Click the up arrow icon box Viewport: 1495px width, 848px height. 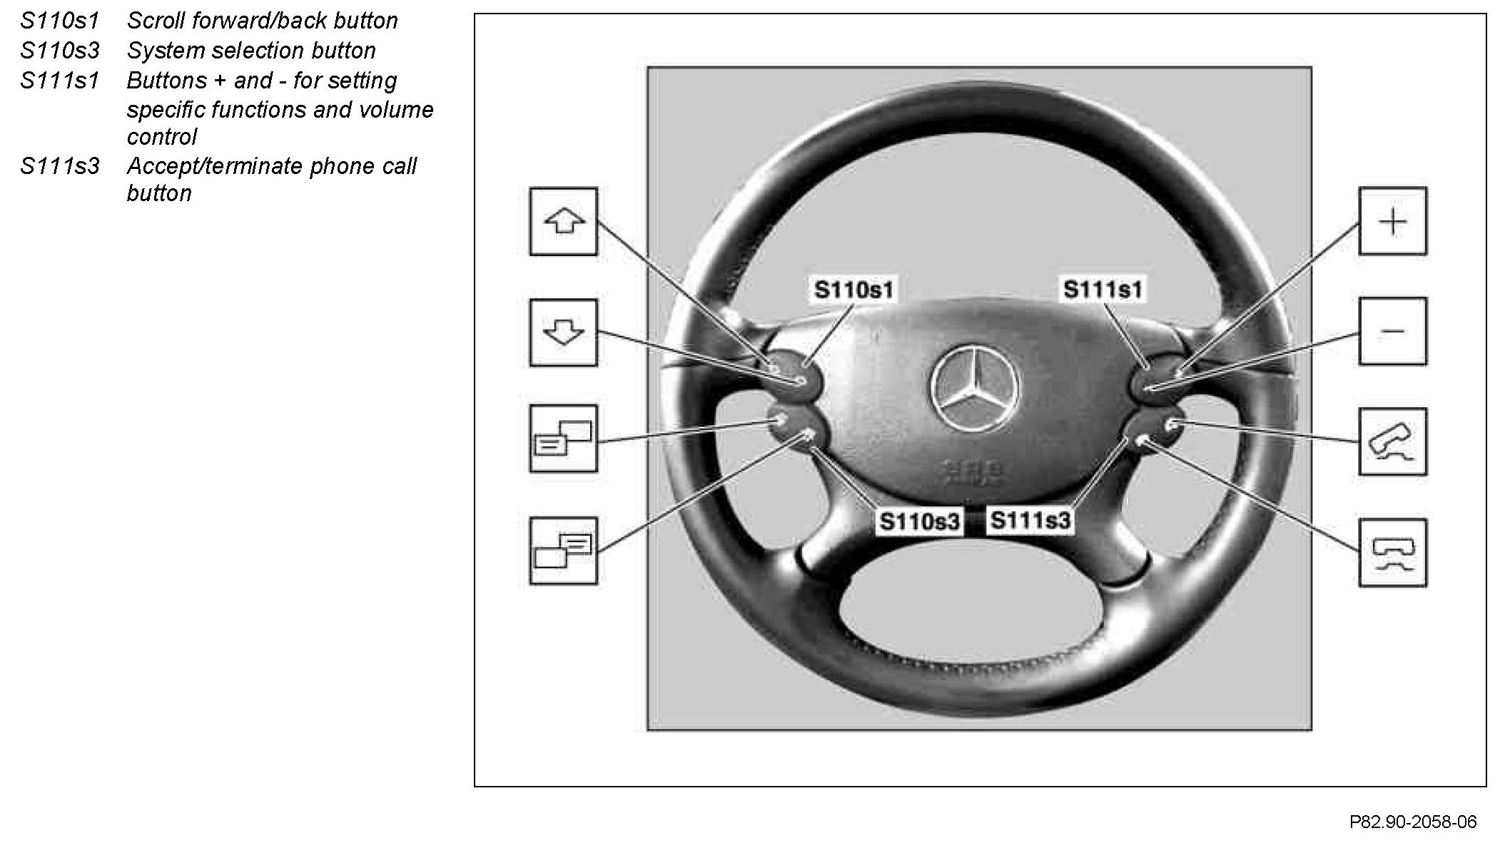tap(563, 222)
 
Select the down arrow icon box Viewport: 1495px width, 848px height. tap(563, 332)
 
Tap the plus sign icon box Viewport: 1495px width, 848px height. tap(1392, 222)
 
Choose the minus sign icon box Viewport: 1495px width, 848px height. tap(1392, 332)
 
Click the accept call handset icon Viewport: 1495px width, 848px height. tap(1392, 442)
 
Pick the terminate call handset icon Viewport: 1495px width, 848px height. tap(1392, 553)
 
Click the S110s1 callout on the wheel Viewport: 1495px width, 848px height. tap(853, 290)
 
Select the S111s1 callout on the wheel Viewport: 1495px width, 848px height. tap(1103, 290)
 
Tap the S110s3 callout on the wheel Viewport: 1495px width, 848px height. tap(920, 521)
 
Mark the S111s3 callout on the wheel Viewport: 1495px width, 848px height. tap(1030, 521)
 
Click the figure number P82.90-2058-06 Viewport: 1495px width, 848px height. tap(1412, 822)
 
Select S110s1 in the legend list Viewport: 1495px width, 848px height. tap(60, 21)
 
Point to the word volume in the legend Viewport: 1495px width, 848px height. tap(397, 110)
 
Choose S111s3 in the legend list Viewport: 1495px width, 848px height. tap(60, 166)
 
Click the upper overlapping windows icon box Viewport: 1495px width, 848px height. tap(563, 439)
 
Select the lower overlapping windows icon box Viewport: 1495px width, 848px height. tap(563, 551)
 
